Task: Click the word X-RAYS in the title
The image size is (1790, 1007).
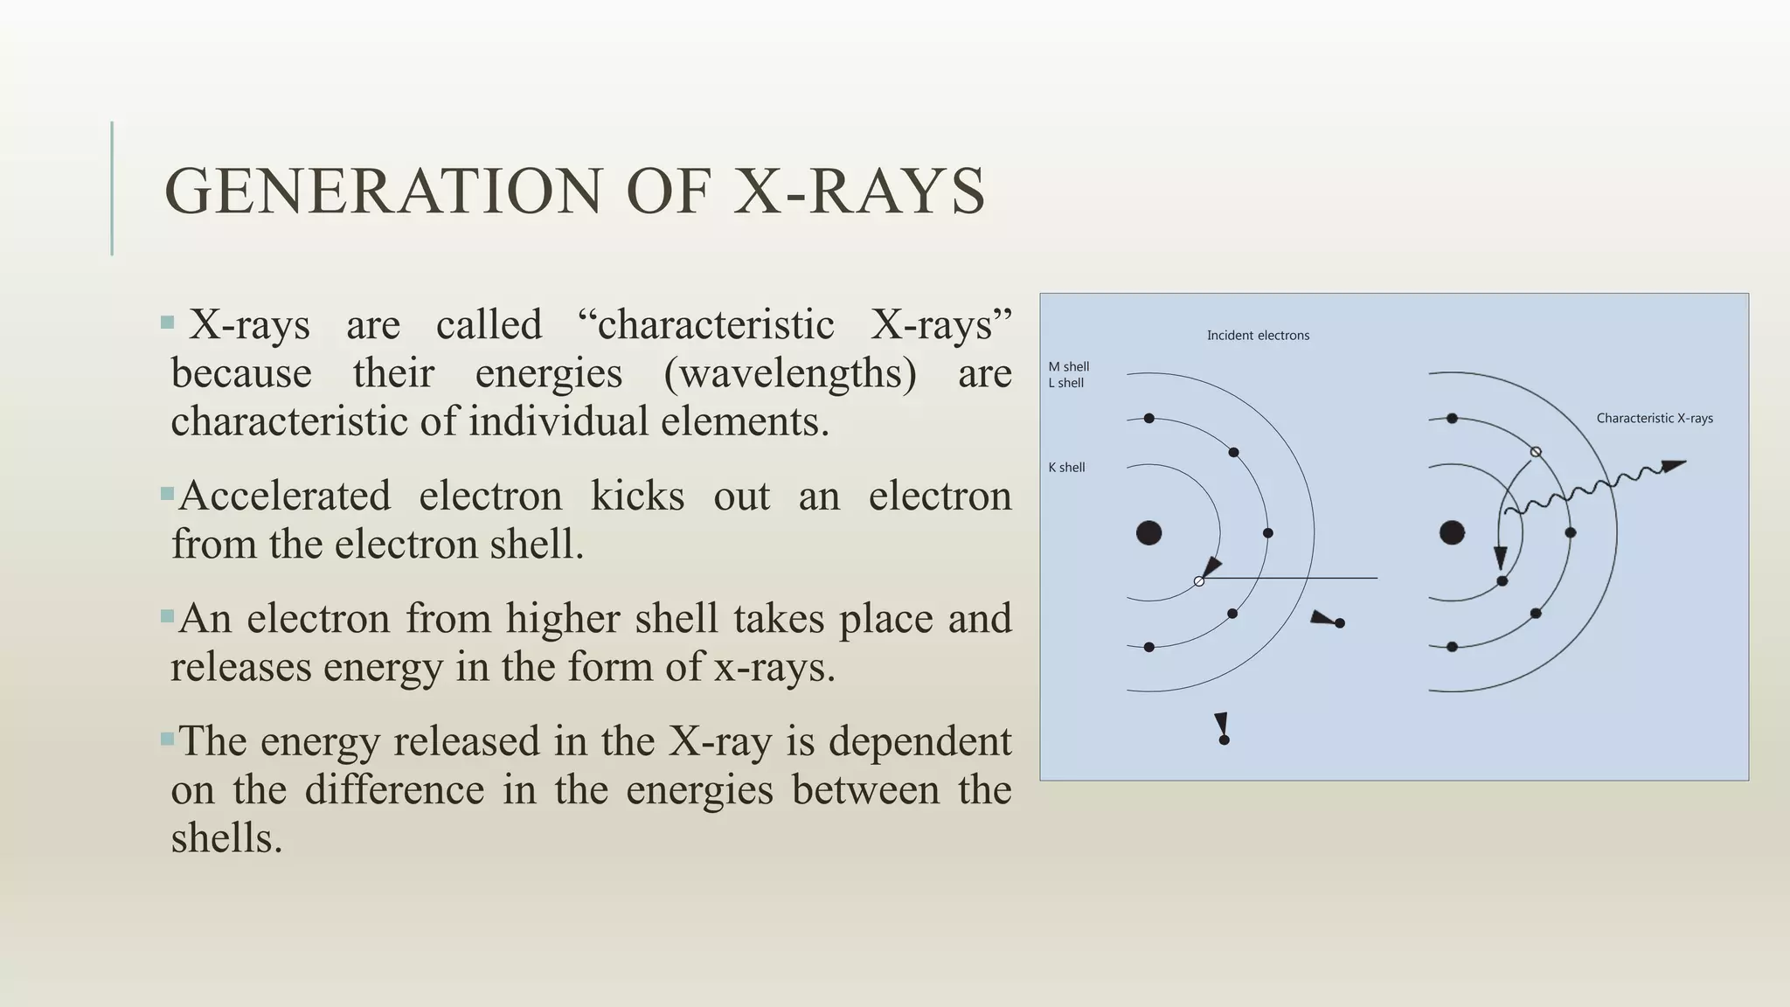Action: pyautogui.click(x=859, y=191)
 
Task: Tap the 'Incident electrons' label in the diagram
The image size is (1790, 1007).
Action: pyautogui.click(x=1258, y=336)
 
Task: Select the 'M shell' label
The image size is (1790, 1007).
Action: pyautogui.click(x=1068, y=367)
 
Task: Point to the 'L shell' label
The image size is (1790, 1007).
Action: pyautogui.click(x=1065, y=383)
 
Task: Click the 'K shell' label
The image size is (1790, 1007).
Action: pyautogui.click(x=1066, y=468)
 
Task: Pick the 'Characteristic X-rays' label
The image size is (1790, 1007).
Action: pyautogui.click(x=1654, y=419)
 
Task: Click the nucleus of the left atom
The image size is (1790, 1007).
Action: pyautogui.click(x=1148, y=532)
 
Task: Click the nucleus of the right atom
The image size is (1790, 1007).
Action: pyautogui.click(x=1452, y=532)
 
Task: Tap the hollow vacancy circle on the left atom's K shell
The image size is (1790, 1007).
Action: pyautogui.click(x=1199, y=581)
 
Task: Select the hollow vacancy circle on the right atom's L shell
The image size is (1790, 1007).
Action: pyautogui.click(x=1536, y=452)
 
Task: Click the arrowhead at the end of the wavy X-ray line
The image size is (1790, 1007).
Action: pyautogui.click(x=1673, y=466)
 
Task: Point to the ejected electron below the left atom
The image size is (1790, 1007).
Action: pyautogui.click(x=1224, y=740)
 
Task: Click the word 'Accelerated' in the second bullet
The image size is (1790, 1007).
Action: pyautogui.click(x=284, y=497)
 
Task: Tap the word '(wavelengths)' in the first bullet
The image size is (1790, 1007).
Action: pyautogui.click(x=790, y=374)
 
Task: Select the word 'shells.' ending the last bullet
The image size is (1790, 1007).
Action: pyautogui.click(x=226, y=838)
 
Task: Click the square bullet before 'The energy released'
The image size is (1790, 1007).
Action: pyautogui.click(x=168, y=740)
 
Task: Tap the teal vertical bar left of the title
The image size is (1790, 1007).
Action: pyautogui.click(x=112, y=188)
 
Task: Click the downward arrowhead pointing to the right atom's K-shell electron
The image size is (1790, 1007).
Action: pyautogui.click(x=1500, y=557)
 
